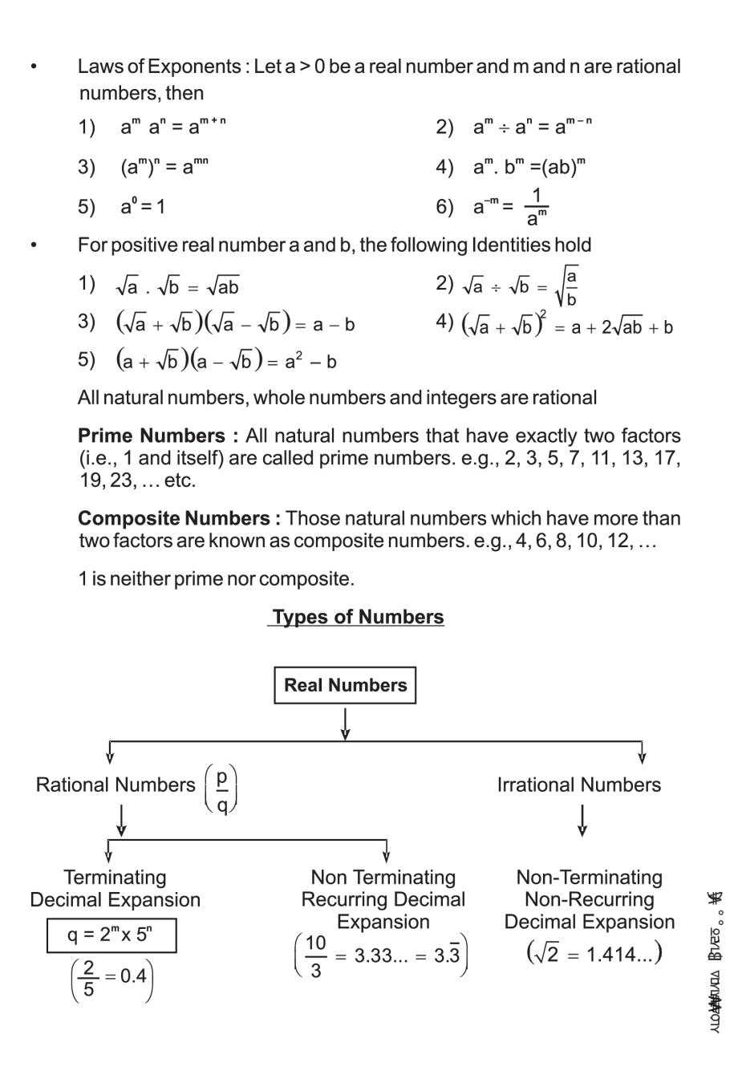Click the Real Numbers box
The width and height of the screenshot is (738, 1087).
point(345,685)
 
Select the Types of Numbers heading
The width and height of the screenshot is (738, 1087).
point(357,617)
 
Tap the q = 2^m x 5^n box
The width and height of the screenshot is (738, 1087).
point(112,935)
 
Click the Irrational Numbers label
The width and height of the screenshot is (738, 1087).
point(578,785)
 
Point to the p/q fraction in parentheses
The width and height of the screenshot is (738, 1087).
point(221,790)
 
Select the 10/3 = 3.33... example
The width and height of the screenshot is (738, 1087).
point(381,955)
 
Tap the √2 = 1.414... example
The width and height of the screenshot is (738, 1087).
point(594,954)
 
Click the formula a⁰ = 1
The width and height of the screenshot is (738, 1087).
point(143,207)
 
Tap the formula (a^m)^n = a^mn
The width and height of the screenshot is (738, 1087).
point(164,167)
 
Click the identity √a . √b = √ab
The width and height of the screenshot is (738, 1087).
point(177,286)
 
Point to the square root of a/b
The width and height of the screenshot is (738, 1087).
point(566,286)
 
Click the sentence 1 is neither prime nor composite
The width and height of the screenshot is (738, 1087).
point(216,578)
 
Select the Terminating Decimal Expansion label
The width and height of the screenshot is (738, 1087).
point(115,888)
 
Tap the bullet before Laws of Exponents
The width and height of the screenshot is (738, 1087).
point(34,67)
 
